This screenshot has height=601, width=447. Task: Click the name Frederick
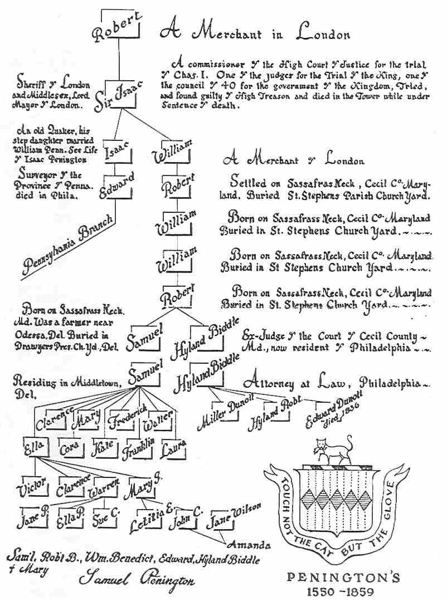point(128,414)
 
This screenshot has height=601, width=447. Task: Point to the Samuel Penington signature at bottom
point(137,580)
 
